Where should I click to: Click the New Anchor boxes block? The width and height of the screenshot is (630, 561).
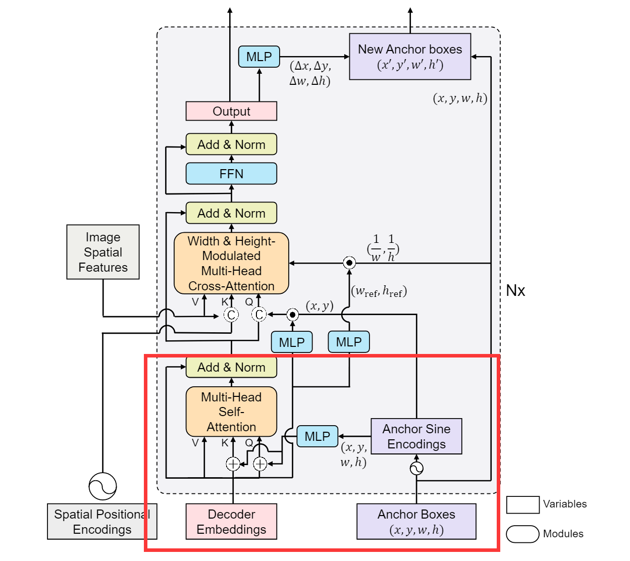(410, 57)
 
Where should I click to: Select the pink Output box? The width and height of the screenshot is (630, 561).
(231, 111)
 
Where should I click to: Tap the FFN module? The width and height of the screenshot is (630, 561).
(231, 174)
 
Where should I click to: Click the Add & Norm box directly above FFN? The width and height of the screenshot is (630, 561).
(231, 144)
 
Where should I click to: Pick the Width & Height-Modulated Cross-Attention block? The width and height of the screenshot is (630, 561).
(231, 263)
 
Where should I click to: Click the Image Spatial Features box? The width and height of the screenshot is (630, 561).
(103, 252)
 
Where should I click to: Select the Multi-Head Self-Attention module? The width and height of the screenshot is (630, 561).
(231, 412)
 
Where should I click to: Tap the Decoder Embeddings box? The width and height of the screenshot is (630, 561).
(231, 522)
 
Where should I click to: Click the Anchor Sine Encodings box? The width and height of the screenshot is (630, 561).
(416, 436)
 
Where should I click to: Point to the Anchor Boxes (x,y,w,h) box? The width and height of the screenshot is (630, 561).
(416, 522)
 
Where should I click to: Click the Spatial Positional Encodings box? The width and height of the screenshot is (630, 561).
(102, 522)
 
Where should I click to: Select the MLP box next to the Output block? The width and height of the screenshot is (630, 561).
(259, 57)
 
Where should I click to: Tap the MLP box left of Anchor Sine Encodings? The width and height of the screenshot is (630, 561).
(317, 436)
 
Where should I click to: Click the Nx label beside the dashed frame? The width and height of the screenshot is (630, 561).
(515, 290)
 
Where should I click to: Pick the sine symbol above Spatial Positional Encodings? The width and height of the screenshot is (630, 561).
(102, 486)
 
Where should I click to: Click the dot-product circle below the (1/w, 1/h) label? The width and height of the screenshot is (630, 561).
(349, 263)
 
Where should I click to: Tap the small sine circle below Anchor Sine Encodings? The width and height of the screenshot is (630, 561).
(416, 469)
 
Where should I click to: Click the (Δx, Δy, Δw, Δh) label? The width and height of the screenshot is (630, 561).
(310, 73)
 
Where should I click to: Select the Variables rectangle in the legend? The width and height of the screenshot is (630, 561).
(522, 504)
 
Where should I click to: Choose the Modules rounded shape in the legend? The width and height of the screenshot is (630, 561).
(522, 534)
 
